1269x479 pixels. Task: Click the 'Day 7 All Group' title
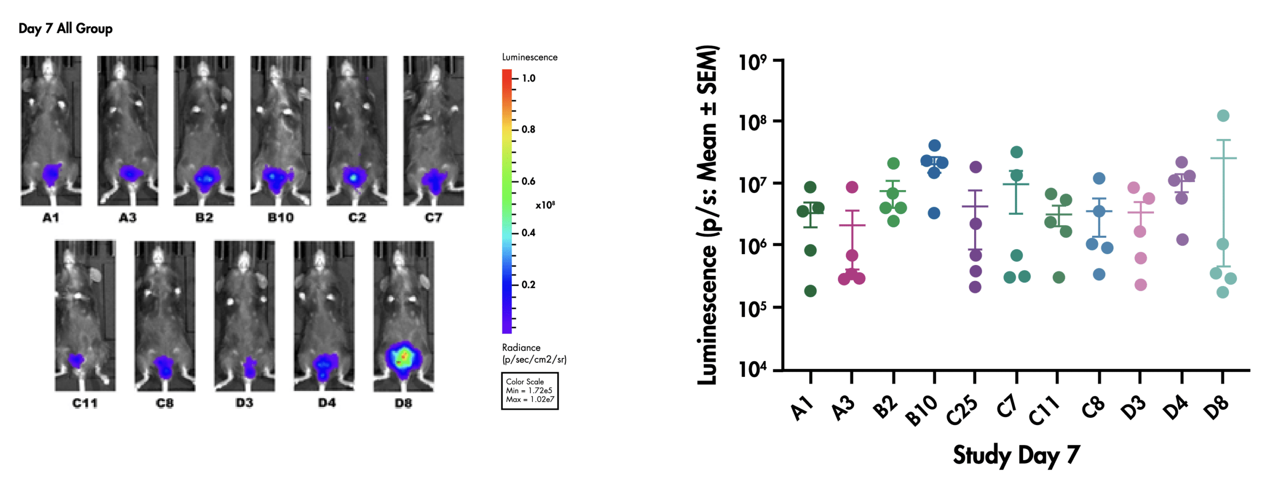(x=65, y=28)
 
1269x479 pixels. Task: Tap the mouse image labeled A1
(x=51, y=130)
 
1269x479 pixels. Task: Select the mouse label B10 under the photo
(x=281, y=217)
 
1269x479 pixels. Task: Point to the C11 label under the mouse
(x=85, y=403)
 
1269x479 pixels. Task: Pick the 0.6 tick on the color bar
(x=528, y=181)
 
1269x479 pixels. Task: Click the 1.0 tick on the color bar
(x=528, y=78)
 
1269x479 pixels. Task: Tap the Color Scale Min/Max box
(x=529, y=391)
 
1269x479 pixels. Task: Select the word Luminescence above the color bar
(x=529, y=57)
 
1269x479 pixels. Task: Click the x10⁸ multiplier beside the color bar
(x=545, y=205)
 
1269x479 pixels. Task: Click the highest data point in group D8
(x=1223, y=116)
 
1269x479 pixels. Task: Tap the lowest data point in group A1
(x=810, y=291)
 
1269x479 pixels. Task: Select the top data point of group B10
(x=934, y=145)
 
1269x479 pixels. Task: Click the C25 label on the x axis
(x=962, y=411)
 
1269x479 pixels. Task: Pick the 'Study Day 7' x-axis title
(x=1016, y=455)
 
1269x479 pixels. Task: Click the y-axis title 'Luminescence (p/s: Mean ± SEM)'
(x=707, y=214)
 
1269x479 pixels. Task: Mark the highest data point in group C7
(x=1017, y=152)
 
